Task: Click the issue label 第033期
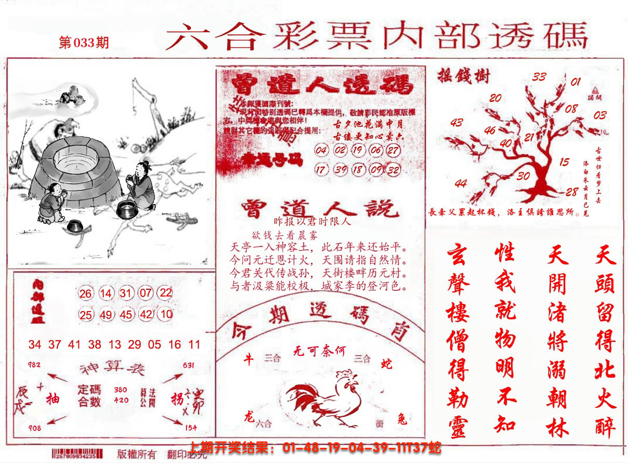pos(84,43)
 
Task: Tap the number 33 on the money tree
pos(539,77)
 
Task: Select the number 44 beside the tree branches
pos(460,183)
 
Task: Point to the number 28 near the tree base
pos(572,192)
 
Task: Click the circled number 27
pos(393,151)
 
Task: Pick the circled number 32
pos(393,170)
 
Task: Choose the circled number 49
pos(106,314)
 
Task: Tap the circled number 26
pos(86,294)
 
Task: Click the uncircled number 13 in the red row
pos(115,344)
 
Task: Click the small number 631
pos(189,365)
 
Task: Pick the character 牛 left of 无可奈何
pos(249,359)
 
